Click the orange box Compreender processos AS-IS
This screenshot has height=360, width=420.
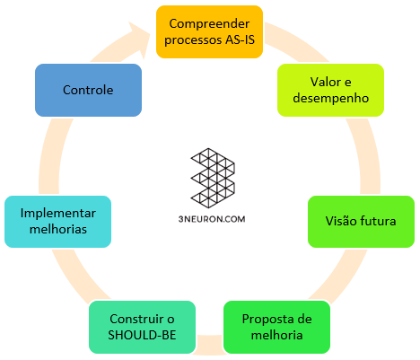(x=209, y=31)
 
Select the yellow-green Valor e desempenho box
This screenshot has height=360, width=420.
(x=330, y=90)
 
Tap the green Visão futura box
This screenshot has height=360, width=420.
(x=361, y=222)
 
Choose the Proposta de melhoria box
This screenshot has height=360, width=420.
(x=276, y=327)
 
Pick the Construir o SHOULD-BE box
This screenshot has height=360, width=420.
(x=142, y=327)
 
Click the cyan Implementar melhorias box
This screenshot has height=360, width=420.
(x=57, y=222)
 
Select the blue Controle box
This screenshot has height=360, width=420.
(x=88, y=90)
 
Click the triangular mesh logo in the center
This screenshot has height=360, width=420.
(x=213, y=178)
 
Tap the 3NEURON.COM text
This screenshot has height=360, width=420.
(x=212, y=219)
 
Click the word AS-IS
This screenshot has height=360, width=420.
(x=240, y=40)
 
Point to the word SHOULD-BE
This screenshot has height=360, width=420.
(x=142, y=335)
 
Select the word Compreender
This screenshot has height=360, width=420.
(x=209, y=24)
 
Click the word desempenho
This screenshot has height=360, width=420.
(x=331, y=99)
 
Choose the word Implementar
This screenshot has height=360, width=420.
(x=58, y=214)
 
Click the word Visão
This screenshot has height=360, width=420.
(x=341, y=221)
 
